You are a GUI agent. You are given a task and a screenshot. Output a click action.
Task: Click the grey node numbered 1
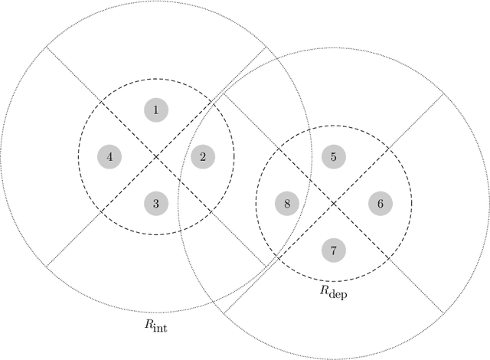(156, 110)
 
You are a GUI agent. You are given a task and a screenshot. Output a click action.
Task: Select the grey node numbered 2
(203, 157)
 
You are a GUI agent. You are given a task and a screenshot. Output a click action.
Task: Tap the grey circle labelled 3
(156, 204)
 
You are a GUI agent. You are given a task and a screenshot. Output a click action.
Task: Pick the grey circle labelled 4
(109, 157)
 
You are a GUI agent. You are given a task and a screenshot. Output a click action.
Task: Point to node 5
(333, 157)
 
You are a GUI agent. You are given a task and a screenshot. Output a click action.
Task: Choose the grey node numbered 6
(380, 204)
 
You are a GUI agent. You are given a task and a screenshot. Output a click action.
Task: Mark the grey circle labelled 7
(333, 250)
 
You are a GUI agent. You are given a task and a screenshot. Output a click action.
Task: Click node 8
(286, 204)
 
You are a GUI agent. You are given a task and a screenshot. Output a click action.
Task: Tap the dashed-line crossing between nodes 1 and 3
(156, 157)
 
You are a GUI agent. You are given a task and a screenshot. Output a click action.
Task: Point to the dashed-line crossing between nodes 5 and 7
(333, 204)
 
